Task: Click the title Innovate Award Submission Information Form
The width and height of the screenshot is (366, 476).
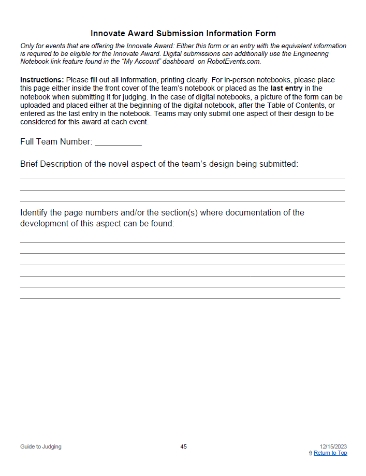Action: [183, 34]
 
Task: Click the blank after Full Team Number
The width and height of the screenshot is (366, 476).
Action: [118, 142]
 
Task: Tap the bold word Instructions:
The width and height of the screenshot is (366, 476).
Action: [42, 80]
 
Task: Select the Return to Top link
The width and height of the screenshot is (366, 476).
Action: [330, 453]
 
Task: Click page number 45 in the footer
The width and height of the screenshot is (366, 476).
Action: [183, 446]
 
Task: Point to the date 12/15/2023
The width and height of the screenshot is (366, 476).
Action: [333, 446]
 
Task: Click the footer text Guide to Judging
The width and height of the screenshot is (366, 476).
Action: [41, 446]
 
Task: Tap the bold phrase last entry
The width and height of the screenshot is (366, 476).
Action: [286, 88]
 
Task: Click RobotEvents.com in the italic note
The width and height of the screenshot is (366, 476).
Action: [234, 61]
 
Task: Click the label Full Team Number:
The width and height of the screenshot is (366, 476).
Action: [56, 141]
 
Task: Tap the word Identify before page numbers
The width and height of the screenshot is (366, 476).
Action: [34, 212]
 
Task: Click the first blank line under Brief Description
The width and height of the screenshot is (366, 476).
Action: [182, 178]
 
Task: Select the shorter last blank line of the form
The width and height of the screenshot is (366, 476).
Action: [180, 298]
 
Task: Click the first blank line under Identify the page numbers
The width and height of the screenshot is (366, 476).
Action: [182, 242]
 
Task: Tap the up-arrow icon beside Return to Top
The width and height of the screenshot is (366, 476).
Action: [310, 453]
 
